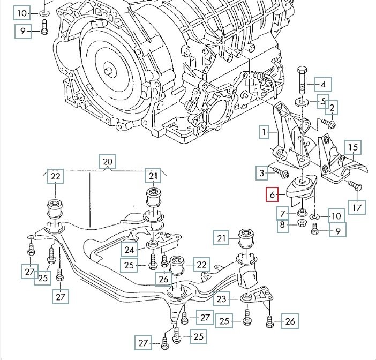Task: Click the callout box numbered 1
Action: [264, 131]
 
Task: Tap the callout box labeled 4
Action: [323, 84]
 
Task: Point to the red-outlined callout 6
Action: [273, 195]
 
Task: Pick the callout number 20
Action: [108, 161]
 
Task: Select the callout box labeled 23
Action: [221, 299]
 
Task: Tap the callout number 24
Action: [129, 249]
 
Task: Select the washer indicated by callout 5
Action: [301, 101]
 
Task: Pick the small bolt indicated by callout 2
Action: [329, 125]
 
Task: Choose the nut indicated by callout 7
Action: [302, 213]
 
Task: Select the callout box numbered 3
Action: [262, 173]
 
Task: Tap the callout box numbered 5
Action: [323, 101]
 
